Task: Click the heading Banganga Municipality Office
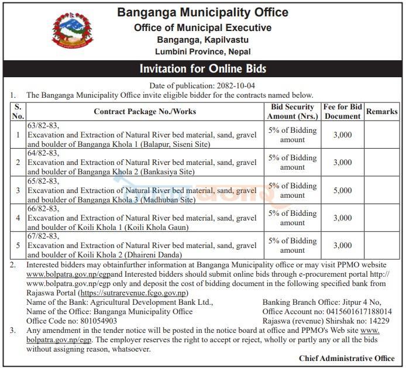pyautogui.click(x=203, y=12)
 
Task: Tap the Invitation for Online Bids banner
pyautogui.click(x=203, y=70)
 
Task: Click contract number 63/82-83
pyautogui.click(x=44, y=125)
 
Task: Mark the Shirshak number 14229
pyautogui.click(x=380, y=321)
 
